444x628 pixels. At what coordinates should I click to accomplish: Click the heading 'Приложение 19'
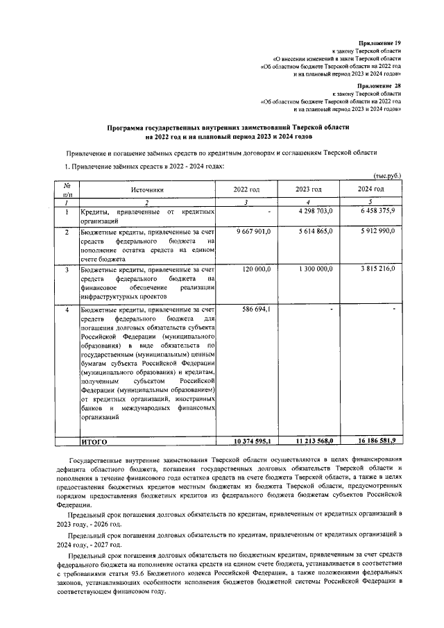(x=379, y=43)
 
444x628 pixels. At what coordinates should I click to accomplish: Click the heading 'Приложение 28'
(x=379, y=85)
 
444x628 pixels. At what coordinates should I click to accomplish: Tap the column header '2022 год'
(x=246, y=189)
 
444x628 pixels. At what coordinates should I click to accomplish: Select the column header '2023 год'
(x=308, y=189)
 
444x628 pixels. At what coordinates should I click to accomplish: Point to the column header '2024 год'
(x=370, y=189)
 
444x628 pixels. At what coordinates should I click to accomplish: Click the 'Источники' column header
(x=146, y=189)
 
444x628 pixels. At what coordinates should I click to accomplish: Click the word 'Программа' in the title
(x=128, y=128)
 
